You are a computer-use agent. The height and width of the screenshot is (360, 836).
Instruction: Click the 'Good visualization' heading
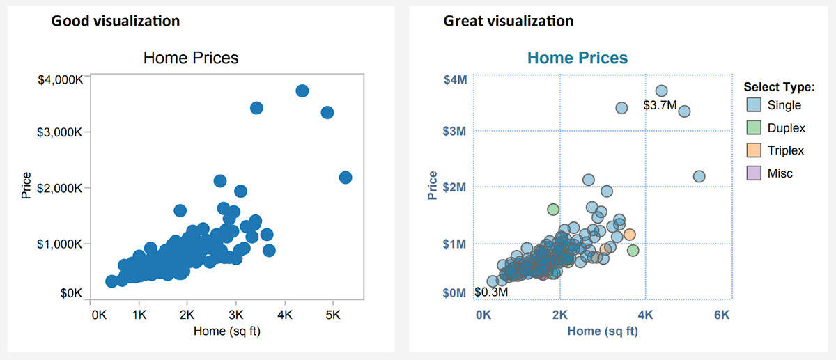tap(115, 21)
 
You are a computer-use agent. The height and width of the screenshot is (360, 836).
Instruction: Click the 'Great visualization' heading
tap(509, 21)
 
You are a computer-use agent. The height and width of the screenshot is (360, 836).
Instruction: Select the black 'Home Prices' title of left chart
tap(191, 58)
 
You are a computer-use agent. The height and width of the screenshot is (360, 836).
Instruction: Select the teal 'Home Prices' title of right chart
tap(578, 58)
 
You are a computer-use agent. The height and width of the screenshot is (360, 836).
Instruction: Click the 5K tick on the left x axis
tap(332, 315)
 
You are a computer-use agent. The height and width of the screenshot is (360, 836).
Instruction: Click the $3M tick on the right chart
tap(455, 131)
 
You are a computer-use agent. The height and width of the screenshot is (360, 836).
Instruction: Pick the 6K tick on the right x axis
tap(721, 315)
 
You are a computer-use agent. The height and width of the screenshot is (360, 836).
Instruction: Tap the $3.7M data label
tap(659, 106)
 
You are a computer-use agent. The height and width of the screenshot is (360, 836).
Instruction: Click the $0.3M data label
tap(490, 292)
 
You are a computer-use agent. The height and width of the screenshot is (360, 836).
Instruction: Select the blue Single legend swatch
tap(753, 106)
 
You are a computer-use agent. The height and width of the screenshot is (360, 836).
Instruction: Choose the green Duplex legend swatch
tap(753, 128)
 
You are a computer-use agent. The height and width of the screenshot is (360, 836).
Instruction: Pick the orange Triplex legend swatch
tap(753, 150)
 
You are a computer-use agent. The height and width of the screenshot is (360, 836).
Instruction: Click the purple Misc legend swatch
tap(753, 173)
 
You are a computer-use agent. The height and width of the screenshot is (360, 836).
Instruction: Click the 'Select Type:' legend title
tap(779, 87)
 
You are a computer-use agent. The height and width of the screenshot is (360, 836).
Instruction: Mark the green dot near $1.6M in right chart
tap(553, 209)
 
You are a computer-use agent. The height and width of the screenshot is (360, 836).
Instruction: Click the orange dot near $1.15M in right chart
tap(629, 235)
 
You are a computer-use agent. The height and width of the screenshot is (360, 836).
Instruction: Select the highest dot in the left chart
tap(302, 91)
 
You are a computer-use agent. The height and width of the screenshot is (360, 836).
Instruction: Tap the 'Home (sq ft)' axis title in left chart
tap(227, 331)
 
